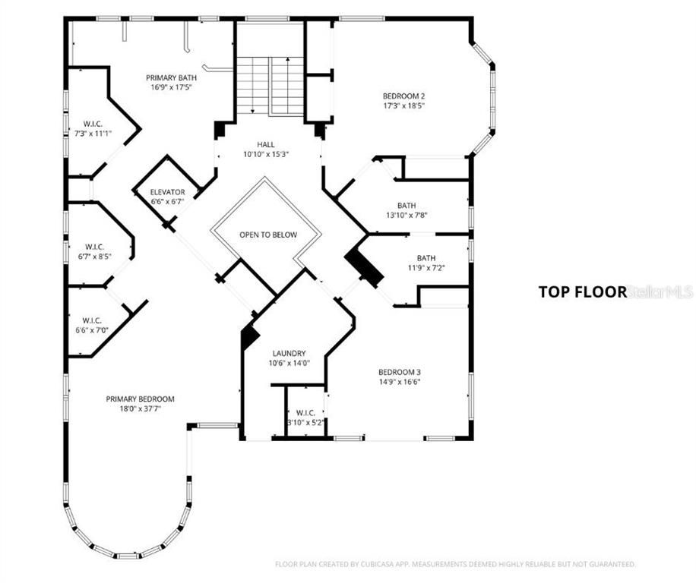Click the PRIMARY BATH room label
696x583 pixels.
tap(172, 77)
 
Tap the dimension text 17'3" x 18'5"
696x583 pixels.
tap(403, 106)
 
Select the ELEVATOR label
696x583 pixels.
tap(168, 192)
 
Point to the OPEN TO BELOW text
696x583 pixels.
tap(268, 235)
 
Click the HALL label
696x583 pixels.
tap(266, 144)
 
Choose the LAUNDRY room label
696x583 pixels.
tap(289, 353)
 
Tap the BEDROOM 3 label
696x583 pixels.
tap(400, 372)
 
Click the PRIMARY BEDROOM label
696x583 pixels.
tap(140, 399)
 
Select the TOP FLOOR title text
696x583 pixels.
tap(583, 291)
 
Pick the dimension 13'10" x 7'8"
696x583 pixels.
tap(407, 215)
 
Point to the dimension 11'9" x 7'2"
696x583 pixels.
tap(426, 268)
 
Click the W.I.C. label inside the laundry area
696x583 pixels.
tap(306, 414)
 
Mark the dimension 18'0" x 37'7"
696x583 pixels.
tap(140, 408)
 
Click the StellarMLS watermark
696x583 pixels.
tap(661, 291)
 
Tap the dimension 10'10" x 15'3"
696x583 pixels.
tap(266, 154)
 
